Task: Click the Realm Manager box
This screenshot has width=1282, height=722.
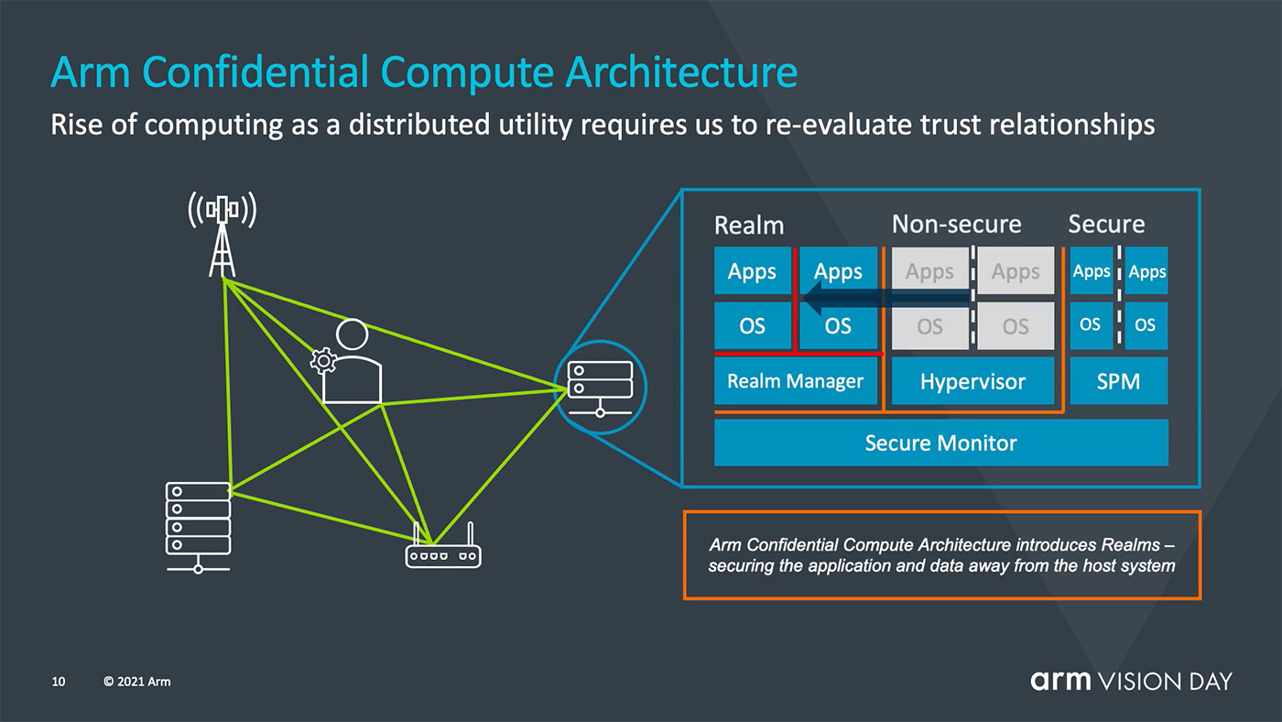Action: point(796,381)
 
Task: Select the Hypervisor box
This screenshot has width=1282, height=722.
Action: point(972,381)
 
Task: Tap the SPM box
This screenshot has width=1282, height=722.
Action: point(1118,381)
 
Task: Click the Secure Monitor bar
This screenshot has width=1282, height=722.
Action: point(941,443)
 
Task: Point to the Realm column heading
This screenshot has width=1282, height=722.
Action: point(749,225)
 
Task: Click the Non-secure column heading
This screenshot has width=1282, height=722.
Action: point(956,224)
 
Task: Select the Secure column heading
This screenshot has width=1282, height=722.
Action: point(1106,224)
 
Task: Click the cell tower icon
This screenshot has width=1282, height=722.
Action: point(223,235)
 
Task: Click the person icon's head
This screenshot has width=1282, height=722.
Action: point(352,334)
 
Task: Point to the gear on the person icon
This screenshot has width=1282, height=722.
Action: point(323,361)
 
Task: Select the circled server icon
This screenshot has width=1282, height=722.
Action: point(600,388)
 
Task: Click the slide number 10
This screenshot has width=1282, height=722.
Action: point(59,682)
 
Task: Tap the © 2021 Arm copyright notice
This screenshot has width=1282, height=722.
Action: point(136,682)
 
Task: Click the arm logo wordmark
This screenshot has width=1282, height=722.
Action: point(1060,681)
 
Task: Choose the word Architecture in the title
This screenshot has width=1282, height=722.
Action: point(681,72)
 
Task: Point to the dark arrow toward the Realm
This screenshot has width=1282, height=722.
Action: point(887,298)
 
